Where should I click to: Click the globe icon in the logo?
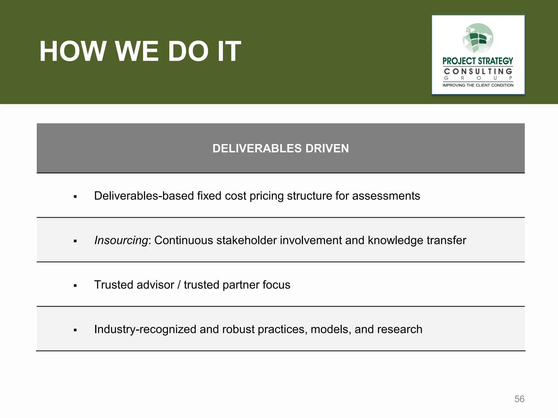pyautogui.click(x=478, y=38)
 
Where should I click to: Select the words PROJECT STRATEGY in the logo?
pyautogui.click(x=478, y=61)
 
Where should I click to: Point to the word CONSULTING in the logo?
pyautogui.click(x=478, y=72)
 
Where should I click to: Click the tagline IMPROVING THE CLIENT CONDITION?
pyautogui.click(x=478, y=85)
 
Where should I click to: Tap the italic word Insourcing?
pyautogui.click(x=121, y=240)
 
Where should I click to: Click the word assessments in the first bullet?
pyautogui.click(x=386, y=196)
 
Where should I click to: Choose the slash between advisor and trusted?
pyautogui.click(x=179, y=285)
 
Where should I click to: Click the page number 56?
pyautogui.click(x=519, y=399)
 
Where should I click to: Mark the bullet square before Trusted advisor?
pyautogui.click(x=75, y=286)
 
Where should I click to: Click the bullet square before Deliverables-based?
pyautogui.click(x=75, y=197)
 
